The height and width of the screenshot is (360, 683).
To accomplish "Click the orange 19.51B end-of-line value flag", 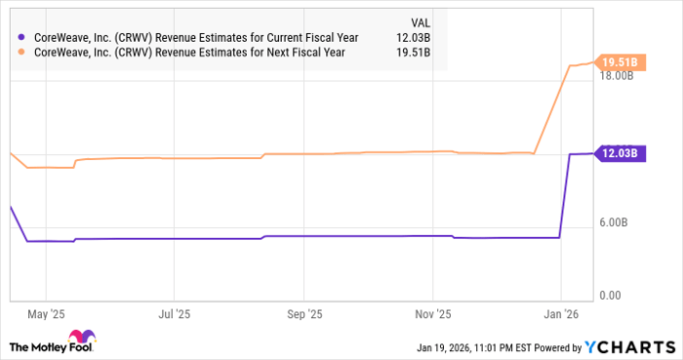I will click(620, 63).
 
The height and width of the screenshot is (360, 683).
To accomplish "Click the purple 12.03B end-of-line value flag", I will click(620, 153).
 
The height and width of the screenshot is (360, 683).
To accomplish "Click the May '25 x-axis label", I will click(46, 314).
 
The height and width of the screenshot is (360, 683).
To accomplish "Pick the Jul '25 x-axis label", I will click(173, 314).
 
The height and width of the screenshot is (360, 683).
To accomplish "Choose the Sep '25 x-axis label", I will click(303, 314).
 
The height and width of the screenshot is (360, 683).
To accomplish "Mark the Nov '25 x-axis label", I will click(433, 314).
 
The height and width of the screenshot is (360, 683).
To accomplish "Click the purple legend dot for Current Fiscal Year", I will click(21, 37).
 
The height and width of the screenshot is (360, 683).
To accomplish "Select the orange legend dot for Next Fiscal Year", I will click(21, 52).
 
